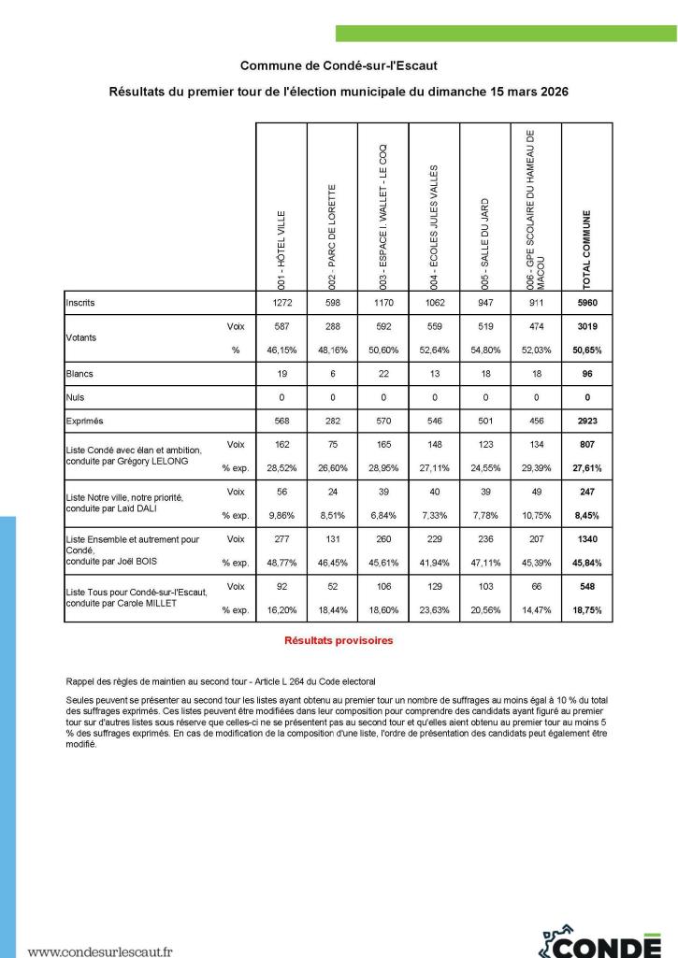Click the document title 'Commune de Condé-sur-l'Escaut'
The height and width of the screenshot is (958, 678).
click(x=338, y=66)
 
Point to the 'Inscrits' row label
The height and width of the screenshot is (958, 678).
click(x=80, y=304)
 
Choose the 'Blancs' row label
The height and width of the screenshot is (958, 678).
click(x=79, y=373)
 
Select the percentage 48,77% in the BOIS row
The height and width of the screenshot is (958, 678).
click(x=281, y=563)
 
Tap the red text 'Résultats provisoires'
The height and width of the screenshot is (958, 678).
click(x=338, y=641)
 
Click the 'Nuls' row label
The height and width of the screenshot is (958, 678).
click(x=75, y=397)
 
